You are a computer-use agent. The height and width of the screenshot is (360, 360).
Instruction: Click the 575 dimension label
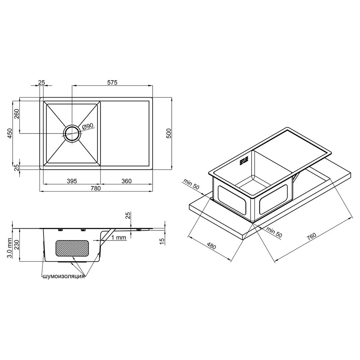[x=112, y=82]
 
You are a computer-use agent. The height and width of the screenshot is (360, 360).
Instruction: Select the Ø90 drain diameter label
[x=87, y=126]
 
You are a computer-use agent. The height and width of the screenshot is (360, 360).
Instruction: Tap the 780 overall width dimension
[x=96, y=188]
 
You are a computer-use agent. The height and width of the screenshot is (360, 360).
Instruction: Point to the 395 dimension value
[x=72, y=181]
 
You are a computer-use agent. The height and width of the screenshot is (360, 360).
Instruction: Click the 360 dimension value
[x=126, y=181]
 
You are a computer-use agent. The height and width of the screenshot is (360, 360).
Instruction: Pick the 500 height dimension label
[x=168, y=134]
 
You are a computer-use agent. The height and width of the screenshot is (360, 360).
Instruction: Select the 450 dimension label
[x=10, y=134]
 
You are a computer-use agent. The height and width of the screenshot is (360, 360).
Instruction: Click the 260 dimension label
[x=17, y=114]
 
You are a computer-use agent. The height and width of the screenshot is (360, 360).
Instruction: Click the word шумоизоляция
[x=63, y=276]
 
